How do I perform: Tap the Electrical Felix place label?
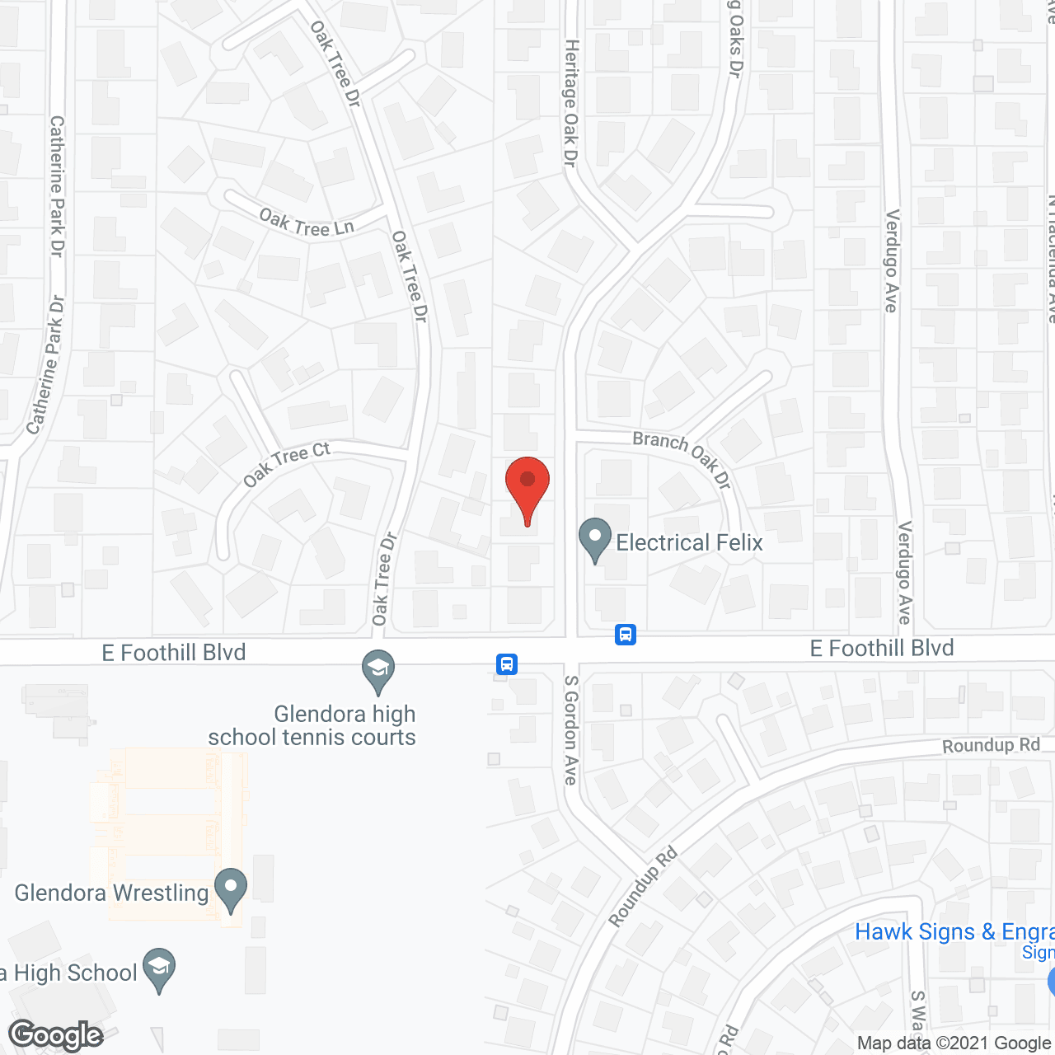689,542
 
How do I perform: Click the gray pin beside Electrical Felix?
595,538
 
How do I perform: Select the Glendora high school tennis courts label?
312,725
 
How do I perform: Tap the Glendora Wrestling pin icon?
231,889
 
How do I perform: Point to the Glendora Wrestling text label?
111,893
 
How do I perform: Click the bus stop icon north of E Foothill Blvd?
626,635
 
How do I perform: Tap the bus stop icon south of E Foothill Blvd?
507,663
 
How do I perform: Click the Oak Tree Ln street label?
307,223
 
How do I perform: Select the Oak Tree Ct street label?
286,464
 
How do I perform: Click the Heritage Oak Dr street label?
570,103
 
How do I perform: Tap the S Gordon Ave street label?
570,729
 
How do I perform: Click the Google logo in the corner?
56,1035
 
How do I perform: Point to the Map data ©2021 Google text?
954,1043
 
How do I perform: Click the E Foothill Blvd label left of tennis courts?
174,653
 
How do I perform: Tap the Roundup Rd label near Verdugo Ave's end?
991,745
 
